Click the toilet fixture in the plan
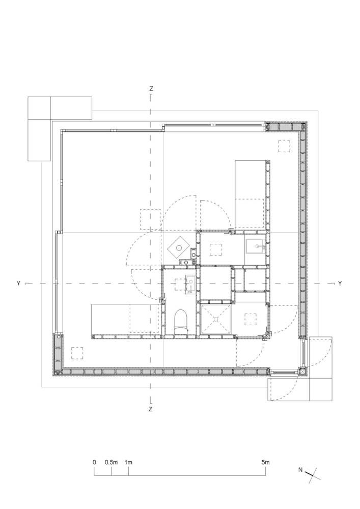181,322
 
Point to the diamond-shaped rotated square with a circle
179,248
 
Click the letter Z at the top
151,89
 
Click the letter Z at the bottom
150,410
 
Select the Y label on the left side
18,284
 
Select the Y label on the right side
340,284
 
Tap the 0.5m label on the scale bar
111,462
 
